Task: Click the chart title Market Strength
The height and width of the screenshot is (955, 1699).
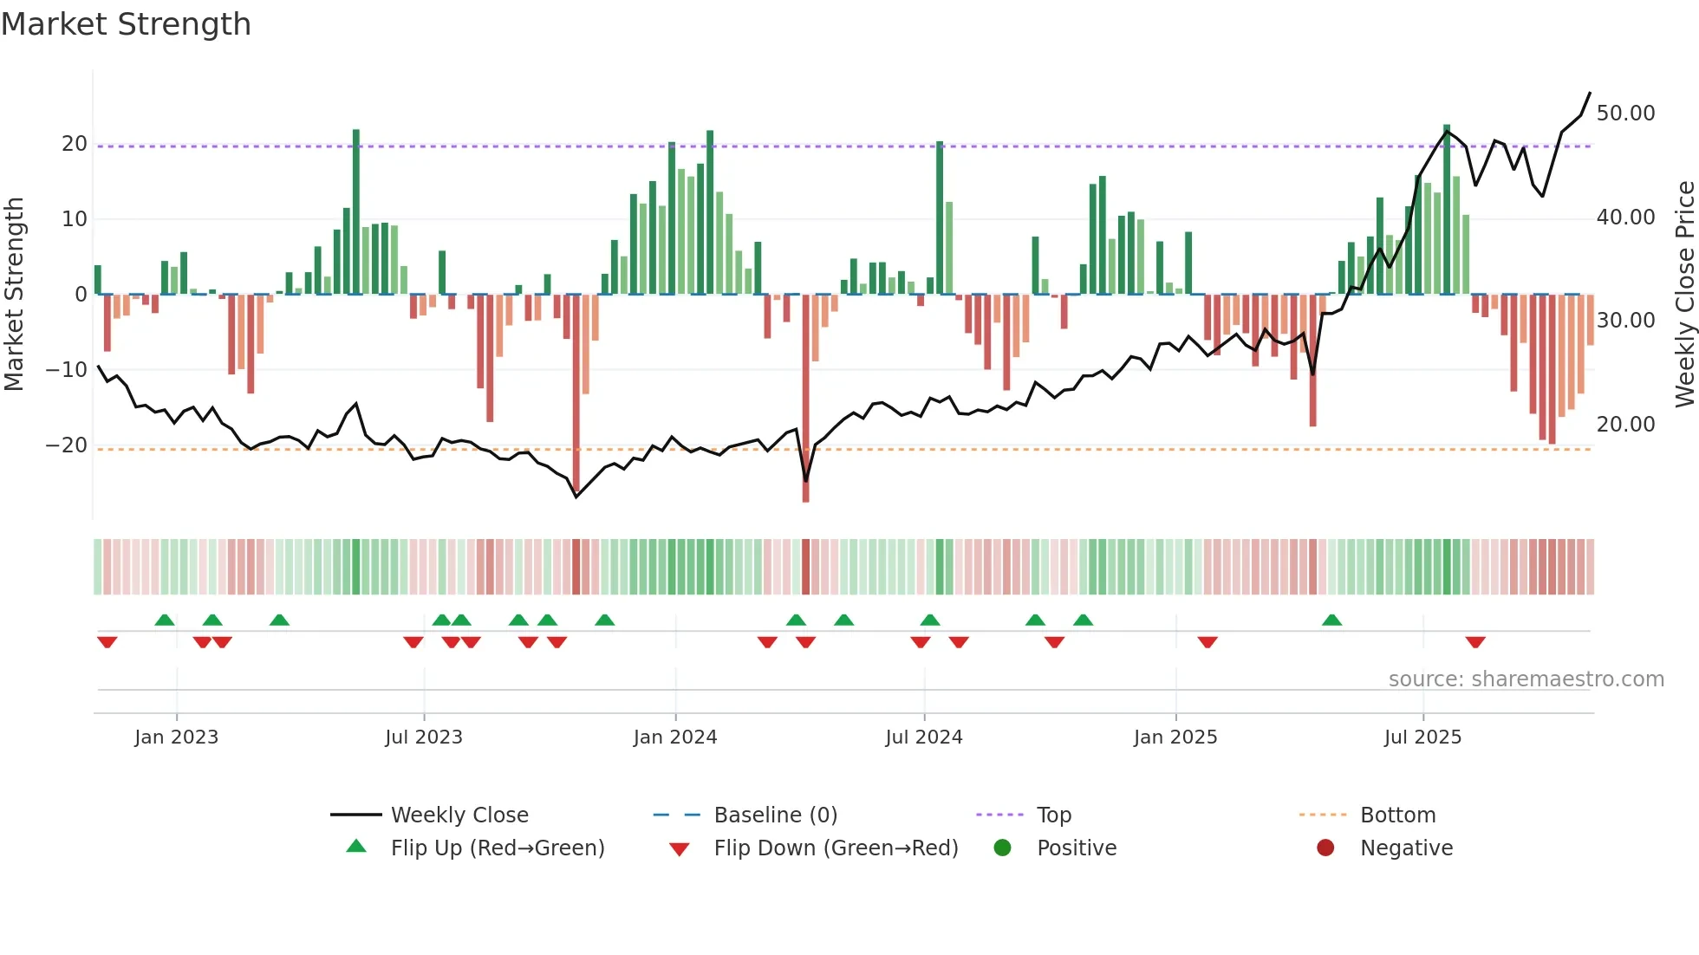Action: pos(126,24)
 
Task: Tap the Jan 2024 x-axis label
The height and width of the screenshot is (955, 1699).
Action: pos(675,737)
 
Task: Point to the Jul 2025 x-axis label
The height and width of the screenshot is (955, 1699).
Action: pos(1422,737)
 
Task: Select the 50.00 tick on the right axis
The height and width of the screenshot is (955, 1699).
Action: pos(1625,114)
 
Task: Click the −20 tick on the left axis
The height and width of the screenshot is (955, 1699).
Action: pos(67,445)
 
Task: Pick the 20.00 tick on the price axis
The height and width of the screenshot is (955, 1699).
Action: pos(1625,425)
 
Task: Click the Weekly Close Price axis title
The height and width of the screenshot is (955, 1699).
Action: pos(1684,295)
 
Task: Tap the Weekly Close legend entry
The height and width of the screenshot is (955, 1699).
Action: pos(459,815)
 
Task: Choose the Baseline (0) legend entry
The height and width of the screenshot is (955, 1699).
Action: pos(775,815)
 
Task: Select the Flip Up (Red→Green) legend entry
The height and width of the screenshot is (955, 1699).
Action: pos(497,848)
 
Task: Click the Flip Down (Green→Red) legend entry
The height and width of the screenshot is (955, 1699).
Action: pos(836,848)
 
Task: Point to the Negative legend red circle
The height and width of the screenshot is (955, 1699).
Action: pos(1325,848)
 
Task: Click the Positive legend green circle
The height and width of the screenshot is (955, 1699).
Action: pos(1002,848)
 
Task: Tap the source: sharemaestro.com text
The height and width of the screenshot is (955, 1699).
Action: pos(1526,679)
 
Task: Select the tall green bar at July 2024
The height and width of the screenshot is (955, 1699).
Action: pos(940,217)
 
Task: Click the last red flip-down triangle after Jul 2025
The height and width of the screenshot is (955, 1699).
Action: pos(1475,642)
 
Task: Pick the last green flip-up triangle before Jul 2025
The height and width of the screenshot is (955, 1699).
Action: pos(1332,620)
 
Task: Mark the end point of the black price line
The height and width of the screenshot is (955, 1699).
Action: pos(1590,93)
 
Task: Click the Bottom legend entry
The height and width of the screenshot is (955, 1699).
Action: pos(1397,815)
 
